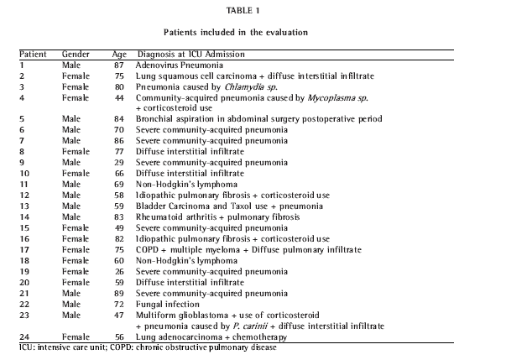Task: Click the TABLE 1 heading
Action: pyautogui.click(x=252, y=12)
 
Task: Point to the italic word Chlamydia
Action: pyautogui.click(x=247, y=86)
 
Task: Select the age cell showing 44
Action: pyautogui.click(x=119, y=97)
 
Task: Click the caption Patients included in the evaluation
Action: pyautogui.click(x=252, y=33)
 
